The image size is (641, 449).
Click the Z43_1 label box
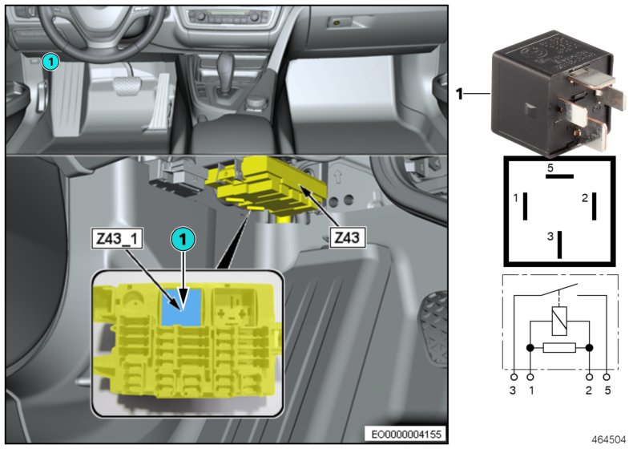pos(117,238)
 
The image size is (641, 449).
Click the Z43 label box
pos(348,237)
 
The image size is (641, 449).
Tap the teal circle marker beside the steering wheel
pos(50,63)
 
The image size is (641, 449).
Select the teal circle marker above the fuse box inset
pos(183,239)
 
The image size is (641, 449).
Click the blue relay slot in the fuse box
pos(182,307)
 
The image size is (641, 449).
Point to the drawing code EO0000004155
pos(406,434)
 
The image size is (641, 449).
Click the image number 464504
pos(609,439)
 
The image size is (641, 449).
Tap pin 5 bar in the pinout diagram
pos(559,176)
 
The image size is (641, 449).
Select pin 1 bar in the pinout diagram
pos(526,206)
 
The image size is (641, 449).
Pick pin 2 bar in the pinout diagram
pos(594,206)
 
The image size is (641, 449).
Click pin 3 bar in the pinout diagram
pos(559,245)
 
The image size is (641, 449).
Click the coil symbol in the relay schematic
pos(559,321)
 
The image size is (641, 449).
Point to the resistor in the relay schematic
pos(559,348)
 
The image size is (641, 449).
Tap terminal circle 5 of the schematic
pos(607,377)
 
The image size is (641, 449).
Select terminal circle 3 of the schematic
pos(514,377)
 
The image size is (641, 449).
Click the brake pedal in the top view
pos(126,86)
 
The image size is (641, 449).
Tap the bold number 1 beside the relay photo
pos(459,95)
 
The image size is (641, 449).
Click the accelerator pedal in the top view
pos(159,103)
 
